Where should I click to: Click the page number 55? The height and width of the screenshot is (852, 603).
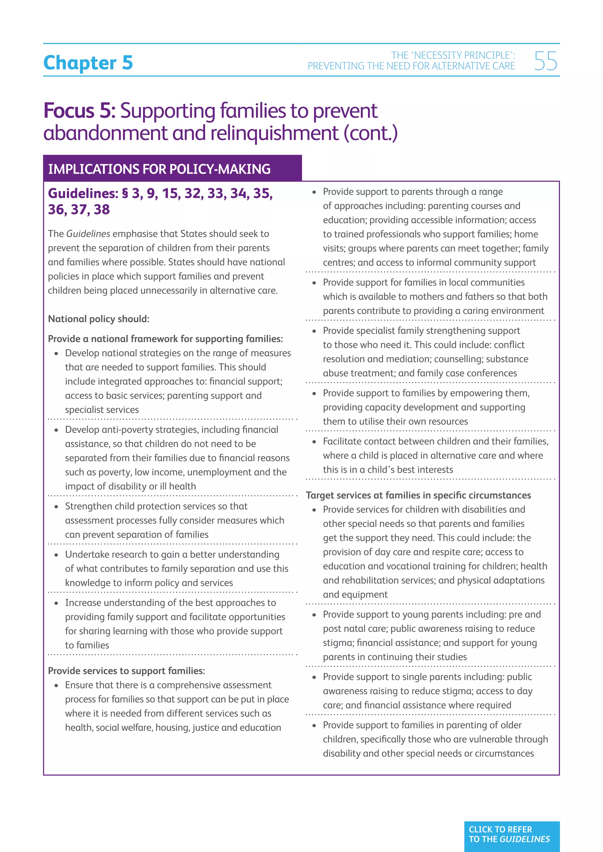click(x=546, y=61)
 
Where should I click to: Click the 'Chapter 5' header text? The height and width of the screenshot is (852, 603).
click(x=88, y=62)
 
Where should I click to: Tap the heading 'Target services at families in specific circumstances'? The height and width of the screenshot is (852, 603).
click(x=418, y=495)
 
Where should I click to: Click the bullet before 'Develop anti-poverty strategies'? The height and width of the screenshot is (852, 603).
click(x=57, y=430)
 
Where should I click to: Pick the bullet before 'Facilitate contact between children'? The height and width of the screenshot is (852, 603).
click(x=314, y=442)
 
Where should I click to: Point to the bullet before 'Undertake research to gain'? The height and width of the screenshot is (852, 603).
click(x=57, y=555)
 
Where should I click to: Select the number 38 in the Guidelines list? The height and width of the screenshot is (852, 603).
click(x=102, y=209)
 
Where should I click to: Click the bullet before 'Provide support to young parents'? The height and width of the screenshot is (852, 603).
click(x=314, y=615)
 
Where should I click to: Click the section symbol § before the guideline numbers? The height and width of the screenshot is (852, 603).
click(x=125, y=193)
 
